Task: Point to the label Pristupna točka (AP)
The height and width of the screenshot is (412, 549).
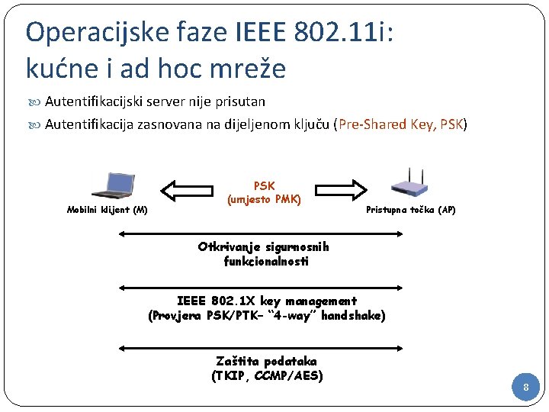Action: [411, 210]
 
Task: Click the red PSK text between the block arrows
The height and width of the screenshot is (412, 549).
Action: [264, 185]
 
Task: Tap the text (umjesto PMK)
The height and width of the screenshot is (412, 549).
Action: [264, 200]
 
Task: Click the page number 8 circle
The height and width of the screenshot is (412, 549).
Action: [525, 388]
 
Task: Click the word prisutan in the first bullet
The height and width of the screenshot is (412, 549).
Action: [238, 101]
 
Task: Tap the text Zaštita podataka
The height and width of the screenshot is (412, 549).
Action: [266, 361]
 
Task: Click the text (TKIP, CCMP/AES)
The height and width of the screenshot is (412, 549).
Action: [266, 375]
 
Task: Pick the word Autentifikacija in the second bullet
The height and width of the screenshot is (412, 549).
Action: [85, 124]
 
